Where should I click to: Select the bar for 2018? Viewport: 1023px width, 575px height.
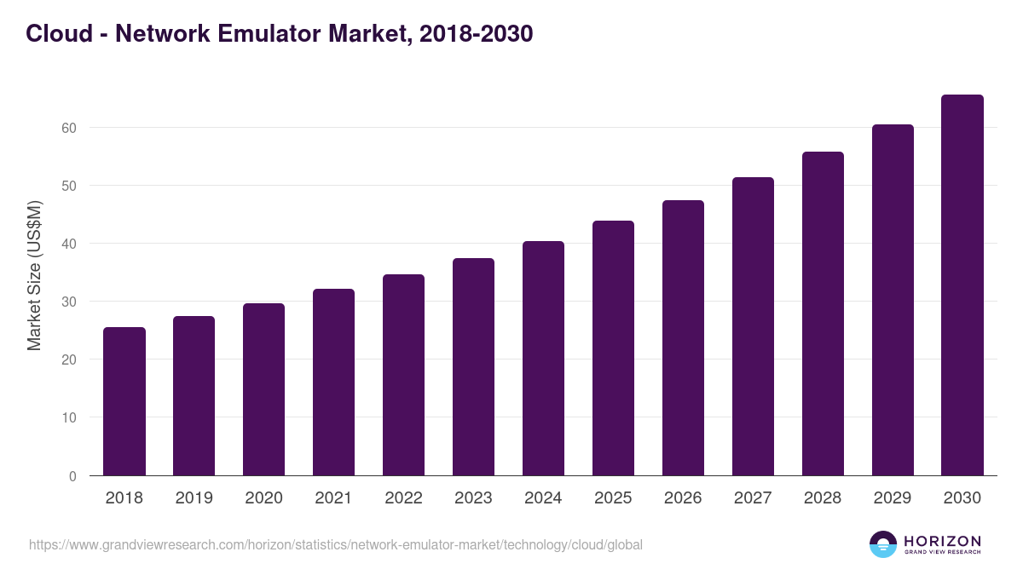[x=124, y=401]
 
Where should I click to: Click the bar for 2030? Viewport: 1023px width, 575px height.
[x=962, y=285]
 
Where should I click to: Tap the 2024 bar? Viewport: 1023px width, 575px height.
[x=543, y=359]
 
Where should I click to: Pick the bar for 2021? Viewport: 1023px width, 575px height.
[x=333, y=382]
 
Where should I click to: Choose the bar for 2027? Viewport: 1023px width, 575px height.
[x=753, y=326]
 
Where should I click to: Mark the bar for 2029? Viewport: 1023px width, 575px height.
[x=893, y=300]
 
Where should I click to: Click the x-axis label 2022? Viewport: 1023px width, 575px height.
[x=403, y=498]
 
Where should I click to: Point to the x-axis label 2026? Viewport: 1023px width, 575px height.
[x=683, y=498]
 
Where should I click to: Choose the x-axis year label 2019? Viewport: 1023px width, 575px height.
[x=194, y=498]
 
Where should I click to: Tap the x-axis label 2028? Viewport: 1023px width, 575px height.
[x=823, y=498]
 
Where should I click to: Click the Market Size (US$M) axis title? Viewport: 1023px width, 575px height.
[x=34, y=275]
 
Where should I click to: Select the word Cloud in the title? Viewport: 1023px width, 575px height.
[x=59, y=34]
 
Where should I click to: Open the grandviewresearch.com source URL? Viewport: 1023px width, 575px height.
[x=336, y=544]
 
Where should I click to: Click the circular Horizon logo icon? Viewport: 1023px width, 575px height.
[x=883, y=544]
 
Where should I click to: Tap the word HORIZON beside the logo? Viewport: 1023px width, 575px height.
[x=942, y=541]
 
